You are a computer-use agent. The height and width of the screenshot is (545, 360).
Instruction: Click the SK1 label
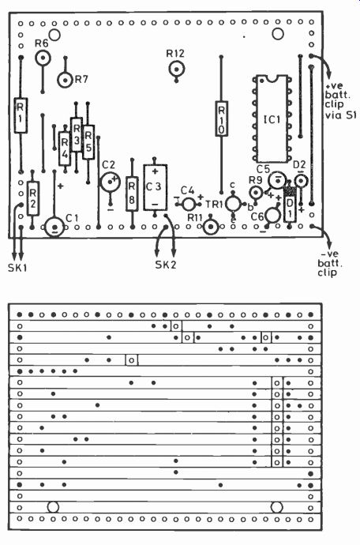pyautogui.click(x=17, y=268)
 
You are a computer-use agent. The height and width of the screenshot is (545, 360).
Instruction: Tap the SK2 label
pyautogui.click(x=166, y=265)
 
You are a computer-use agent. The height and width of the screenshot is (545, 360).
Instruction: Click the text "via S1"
pyautogui.click(x=340, y=115)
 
